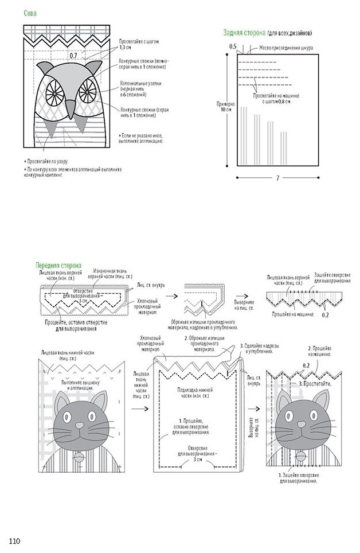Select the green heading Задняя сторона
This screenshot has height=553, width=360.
[246, 33]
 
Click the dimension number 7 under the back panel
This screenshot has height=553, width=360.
[277, 178]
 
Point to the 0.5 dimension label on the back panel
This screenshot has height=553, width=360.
[233, 45]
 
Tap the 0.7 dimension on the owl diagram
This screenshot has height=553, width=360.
[73, 56]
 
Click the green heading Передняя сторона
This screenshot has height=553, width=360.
[58, 266]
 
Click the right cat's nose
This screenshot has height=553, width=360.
[302, 424]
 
